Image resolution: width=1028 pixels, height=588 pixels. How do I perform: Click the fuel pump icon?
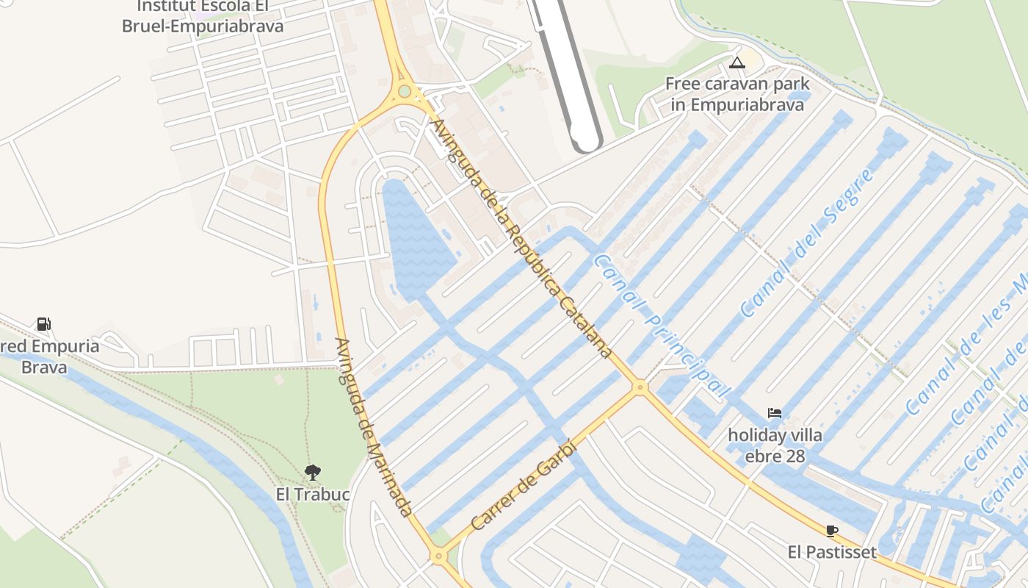coord(43,323)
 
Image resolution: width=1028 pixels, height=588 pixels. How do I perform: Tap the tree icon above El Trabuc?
coord(313,472)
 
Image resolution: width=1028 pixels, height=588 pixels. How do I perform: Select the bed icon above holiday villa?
coord(775,413)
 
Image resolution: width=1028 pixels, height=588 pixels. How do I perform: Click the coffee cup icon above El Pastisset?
coord(831,531)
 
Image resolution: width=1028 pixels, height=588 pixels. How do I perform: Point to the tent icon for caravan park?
coord(737,62)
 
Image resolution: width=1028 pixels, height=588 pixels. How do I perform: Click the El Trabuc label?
coord(313,495)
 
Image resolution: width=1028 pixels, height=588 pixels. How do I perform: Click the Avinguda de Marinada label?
coord(374,426)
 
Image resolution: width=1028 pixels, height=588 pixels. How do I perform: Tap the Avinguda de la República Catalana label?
coord(522,239)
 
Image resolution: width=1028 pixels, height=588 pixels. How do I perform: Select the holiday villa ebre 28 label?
coord(775,445)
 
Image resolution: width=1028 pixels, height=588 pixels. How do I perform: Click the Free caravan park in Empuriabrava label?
coord(737,94)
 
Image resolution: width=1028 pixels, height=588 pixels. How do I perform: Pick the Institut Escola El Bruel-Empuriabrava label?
coord(203,16)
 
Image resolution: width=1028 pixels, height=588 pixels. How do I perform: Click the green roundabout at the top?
coord(405,92)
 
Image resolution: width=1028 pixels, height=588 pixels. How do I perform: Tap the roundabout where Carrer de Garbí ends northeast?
coord(640,387)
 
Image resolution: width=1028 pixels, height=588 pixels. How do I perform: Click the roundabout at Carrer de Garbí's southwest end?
coord(438,556)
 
